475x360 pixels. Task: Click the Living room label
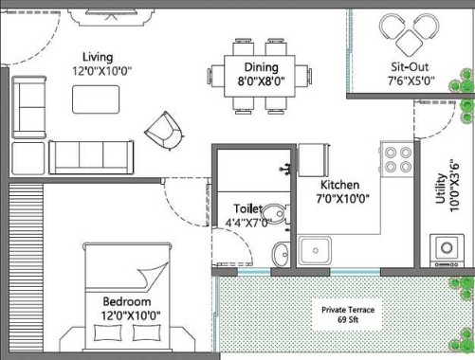98,57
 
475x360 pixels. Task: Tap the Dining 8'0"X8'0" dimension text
262,81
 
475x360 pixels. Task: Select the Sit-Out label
410,67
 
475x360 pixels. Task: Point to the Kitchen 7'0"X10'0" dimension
342,199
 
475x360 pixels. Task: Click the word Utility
440,189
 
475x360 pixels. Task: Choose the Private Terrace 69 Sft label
348,315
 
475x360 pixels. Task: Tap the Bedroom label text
127,301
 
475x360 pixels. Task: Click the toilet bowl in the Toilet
276,213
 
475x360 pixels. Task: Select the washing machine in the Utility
447,251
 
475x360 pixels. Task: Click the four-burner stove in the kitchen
397,159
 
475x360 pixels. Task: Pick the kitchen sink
315,251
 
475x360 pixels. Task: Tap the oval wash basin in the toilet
281,255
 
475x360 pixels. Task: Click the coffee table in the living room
96,99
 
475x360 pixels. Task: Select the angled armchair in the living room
164,131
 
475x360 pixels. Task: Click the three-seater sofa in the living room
91,157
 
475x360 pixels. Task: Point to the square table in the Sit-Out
410,43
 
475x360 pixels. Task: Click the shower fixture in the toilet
285,169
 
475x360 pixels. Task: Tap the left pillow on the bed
108,333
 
